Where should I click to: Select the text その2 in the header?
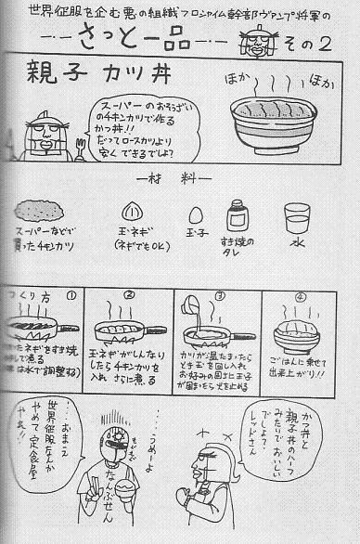pyautogui.click(x=325, y=44)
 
